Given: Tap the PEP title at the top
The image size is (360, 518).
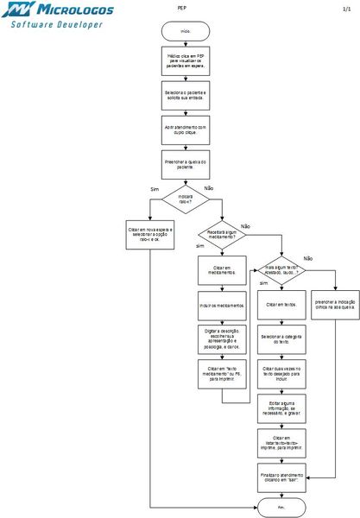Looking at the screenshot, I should (x=182, y=6).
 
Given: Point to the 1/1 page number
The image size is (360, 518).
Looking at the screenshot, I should (x=345, y=6).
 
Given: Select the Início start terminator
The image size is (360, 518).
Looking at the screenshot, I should (x=185, y=30).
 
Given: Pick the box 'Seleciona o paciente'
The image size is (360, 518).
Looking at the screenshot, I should (x=185, y=95).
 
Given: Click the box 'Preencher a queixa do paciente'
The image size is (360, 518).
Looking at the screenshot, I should (x=185, y=163).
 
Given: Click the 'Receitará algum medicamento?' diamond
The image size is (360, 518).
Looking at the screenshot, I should (x=221, y=235).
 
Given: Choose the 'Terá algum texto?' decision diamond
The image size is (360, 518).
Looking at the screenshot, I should (x=281, y=268).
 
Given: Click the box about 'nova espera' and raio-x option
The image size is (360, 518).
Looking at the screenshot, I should (x=150, y=234).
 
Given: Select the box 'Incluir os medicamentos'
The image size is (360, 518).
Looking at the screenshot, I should (x=221, y=305).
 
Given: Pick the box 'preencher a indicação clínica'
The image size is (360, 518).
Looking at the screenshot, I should (x=335, y=304).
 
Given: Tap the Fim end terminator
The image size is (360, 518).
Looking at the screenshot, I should (x=281, y=509).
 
